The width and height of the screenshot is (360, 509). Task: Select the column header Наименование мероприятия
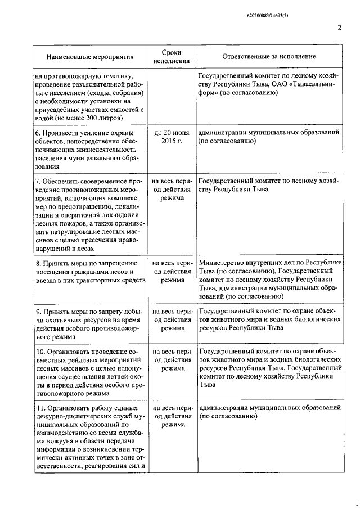pos(90,57)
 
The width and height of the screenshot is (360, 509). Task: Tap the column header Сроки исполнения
pos(168,57)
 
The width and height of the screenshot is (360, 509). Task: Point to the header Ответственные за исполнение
pos(269,57)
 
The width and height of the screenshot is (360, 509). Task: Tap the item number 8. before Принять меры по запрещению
pos(38,263)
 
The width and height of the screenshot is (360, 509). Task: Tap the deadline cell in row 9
pos(169,319)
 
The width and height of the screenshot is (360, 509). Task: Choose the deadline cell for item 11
pos(169,416)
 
